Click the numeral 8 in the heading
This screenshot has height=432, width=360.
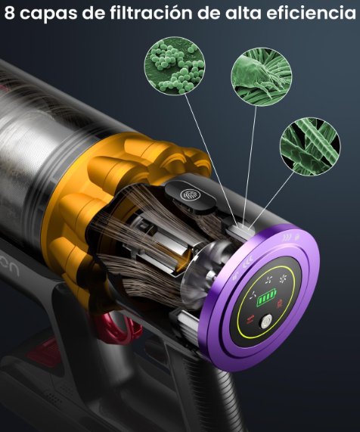point(9,13)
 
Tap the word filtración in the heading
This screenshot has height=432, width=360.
point(151,13)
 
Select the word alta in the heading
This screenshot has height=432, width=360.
point(243,13)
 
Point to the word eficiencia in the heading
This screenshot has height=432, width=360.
point(312,13)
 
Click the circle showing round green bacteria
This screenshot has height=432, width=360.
point(175,66)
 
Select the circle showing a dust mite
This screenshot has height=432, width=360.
point(261,76)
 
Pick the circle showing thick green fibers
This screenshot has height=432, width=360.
point(310,147)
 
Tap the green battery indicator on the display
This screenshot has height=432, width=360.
point(266,297)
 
